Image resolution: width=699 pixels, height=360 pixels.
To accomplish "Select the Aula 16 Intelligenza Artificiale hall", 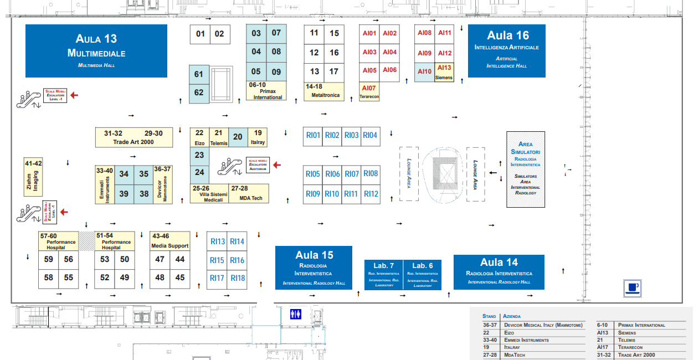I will pyautogui.click(x=507, y=50).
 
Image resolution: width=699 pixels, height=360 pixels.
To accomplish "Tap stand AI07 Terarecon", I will pyautogui.click(x=369, y=92).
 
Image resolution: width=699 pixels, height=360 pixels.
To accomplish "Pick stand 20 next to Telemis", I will pyautogui.click(x=238, y=137).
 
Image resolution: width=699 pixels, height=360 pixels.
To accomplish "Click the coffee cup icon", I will pyautogui.click(x=632, y=287).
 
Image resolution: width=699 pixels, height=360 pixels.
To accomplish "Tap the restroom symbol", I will pyautogui.click(x=296, y=314).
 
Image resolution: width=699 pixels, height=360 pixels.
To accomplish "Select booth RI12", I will pyautogui.click(x=371, y=194).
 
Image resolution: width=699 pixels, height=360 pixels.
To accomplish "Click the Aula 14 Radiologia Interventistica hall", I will pyautogui.click(x=498, y=271).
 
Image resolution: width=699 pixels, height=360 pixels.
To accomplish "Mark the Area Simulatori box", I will pyautogui.click(x=526, y=169).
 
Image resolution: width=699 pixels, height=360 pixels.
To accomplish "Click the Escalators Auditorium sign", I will pyautogui.click(x=258, y=164).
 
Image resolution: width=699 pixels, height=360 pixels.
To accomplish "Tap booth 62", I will pyautogui.click(x=199, y=93).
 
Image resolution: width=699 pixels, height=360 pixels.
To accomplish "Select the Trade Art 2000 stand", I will pyautogui.click(x=133, y=138).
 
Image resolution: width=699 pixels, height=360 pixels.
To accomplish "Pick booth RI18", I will pyautogui.click(x=237, y=277).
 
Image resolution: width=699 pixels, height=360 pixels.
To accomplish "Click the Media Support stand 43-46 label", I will pyautogui.click(x=170, y=241).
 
